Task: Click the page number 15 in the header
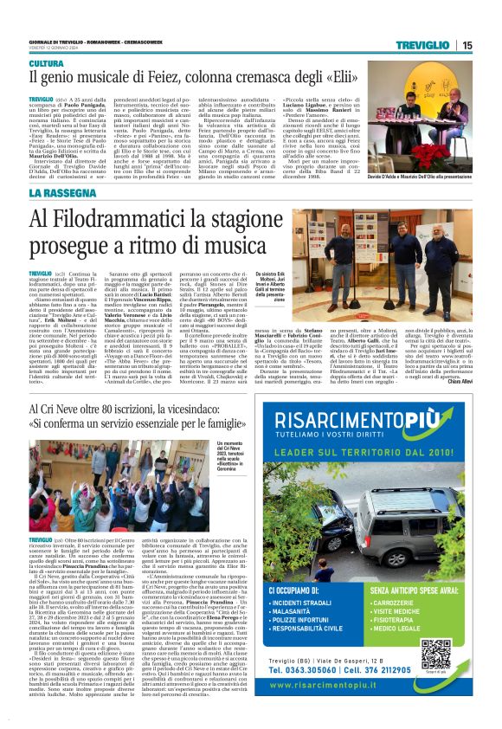[x=467, y=45]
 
